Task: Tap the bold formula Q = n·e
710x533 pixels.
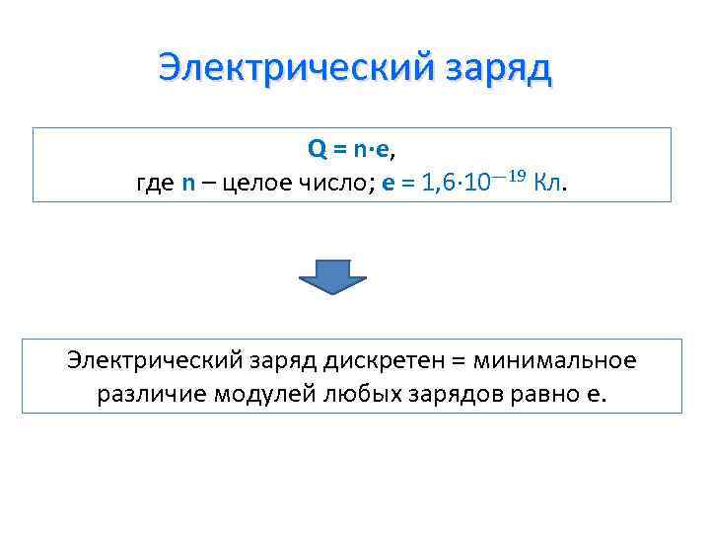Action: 350,149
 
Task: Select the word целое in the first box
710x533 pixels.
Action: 258,183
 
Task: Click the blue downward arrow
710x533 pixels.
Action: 332,274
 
